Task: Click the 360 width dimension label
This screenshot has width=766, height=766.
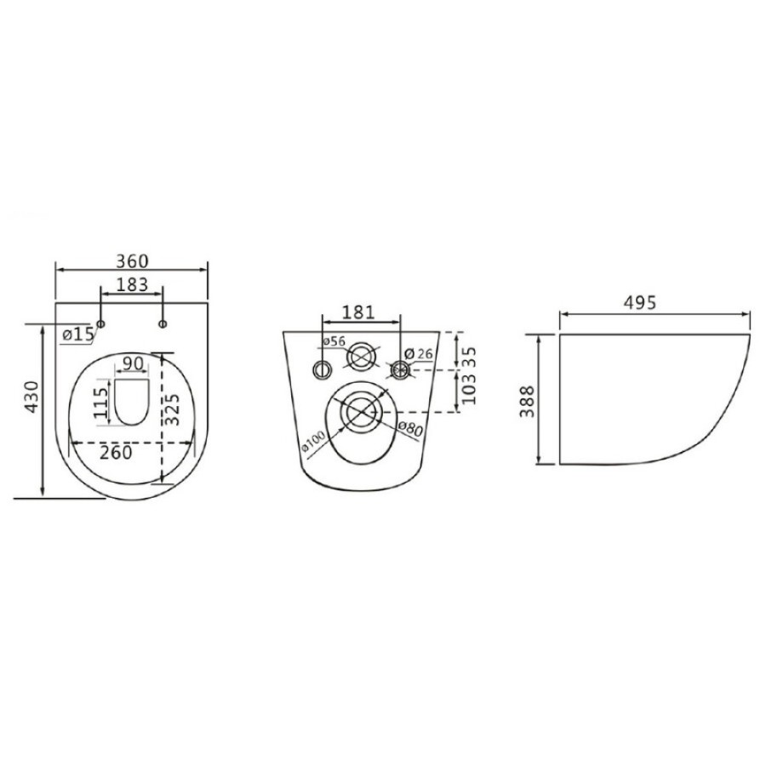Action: [x=132, y=261]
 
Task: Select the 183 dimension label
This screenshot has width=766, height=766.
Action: [x=131, y=284]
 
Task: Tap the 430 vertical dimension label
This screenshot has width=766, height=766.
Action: [x=31, y=397]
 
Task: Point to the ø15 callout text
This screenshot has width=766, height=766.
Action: [x=78, y=334]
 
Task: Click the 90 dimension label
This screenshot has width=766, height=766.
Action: [x=133, y=364]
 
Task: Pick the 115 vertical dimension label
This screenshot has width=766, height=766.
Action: [x=101, y=402]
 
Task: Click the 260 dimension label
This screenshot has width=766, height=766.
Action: [x=116, y=453]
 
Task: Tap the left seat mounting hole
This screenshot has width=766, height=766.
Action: [x=101, y=323]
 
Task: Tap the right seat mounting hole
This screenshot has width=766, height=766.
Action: [x=163, y=323]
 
